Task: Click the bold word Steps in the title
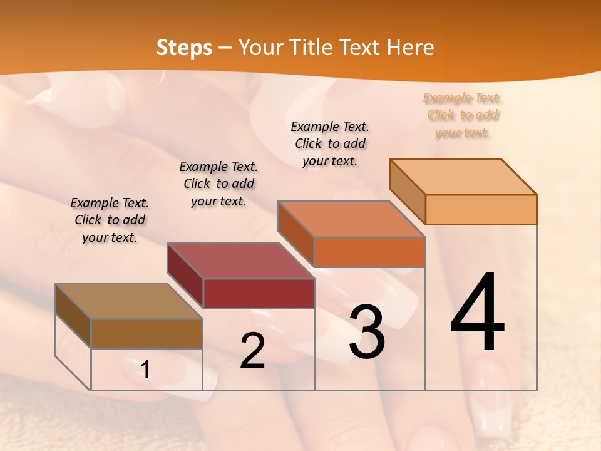pyautogui.click(x=184, y=48)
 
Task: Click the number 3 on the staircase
pyautogui.click(x=367, y=331)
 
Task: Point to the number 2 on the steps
pyautogui.click(x=252, y=351)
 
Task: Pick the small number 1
pyautogui.click(x=145, y=370)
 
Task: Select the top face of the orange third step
pyautogui.click(x=352, y=219)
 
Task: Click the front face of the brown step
pyautogui.click(x=147, y=333)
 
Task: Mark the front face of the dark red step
pyautogui.click(x=259, y=293)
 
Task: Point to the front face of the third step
pyautogui.click(x=369, y=252)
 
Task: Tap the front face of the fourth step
pyautogui.click(x=481, y=209)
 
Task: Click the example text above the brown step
pyautogui.click(x=110, y=220)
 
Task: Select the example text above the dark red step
pyautogui.click(x=218, y=184)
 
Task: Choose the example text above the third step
pyautogui.click(x=330, y=143)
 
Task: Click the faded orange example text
pyautogui.click(x=463, y=115)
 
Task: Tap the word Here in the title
pyautogui.click(x=411, y=48)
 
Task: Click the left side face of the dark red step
pyautogui.click(x=185, y=276)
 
